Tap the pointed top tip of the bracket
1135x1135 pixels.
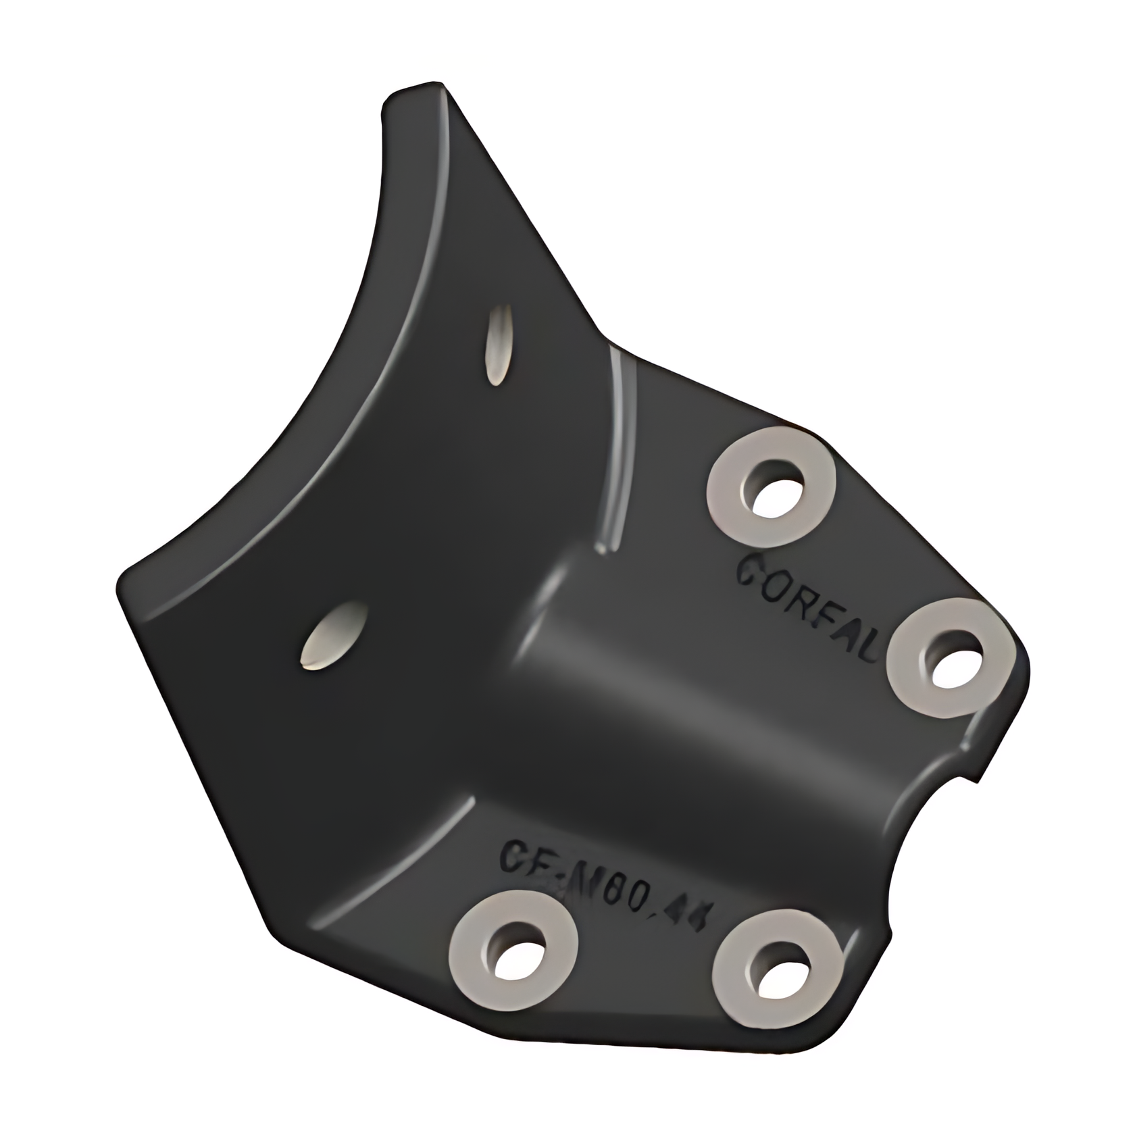click(x=432, y=88)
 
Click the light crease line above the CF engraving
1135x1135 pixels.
click(x=399, y=858)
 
